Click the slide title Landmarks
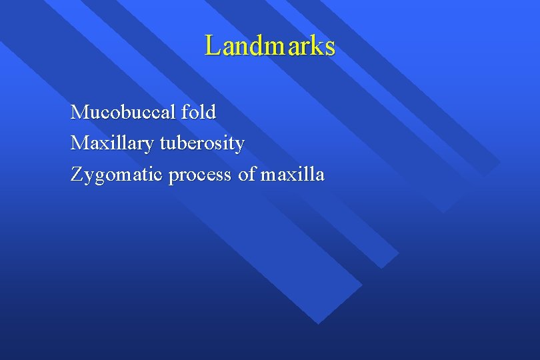click(x=270, y=46)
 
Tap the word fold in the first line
click(x=199, y=112)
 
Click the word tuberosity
click(x=202, y=143)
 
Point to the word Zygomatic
click(x=117, y=175)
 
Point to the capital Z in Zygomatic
click(x=77, y=175)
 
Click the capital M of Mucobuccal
click(x=79, y=112)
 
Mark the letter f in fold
click(x=185, y=111)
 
